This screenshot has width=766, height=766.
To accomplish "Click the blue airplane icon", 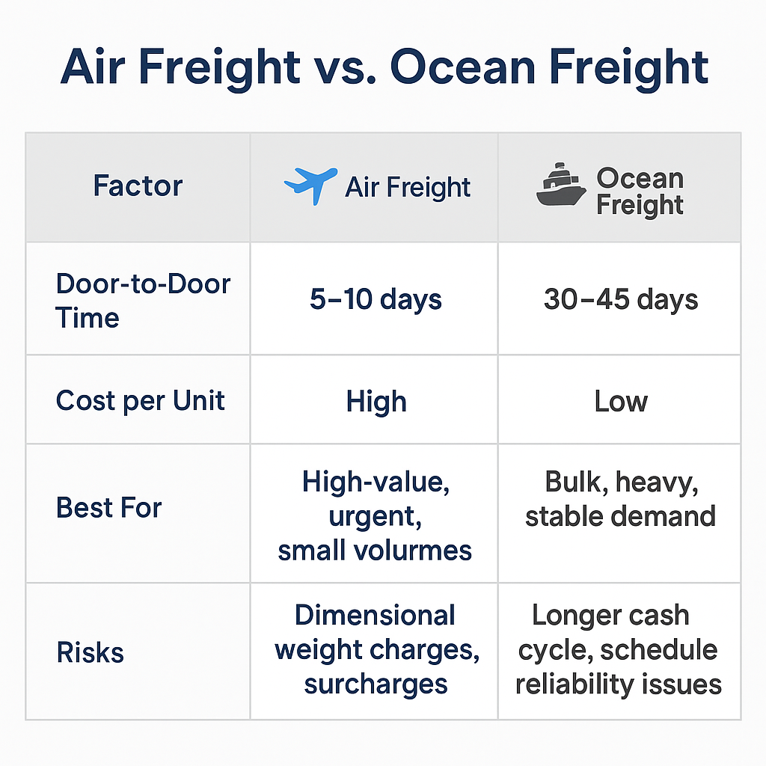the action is tap(310, 186).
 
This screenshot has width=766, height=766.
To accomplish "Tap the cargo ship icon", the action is tap(561, 184).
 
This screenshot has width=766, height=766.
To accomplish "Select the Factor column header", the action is tap(138, 186).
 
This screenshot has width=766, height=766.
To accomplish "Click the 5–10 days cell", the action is tap(376, 299).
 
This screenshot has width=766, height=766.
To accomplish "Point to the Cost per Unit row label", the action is tap(140, 401).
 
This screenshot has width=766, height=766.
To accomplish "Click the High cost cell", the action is tap(376, 402).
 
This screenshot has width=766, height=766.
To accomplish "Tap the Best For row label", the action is tap(109, 508).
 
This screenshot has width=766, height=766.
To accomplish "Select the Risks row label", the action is tap(91, 652).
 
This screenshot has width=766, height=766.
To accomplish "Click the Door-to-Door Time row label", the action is tap(143, 301).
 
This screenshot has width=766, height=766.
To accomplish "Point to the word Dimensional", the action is tap(375, 615).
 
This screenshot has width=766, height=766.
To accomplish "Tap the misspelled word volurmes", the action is tap(412, 551).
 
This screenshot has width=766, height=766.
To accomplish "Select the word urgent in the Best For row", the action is tap(376, 518).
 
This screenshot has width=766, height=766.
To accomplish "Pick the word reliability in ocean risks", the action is tap(574, 685).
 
